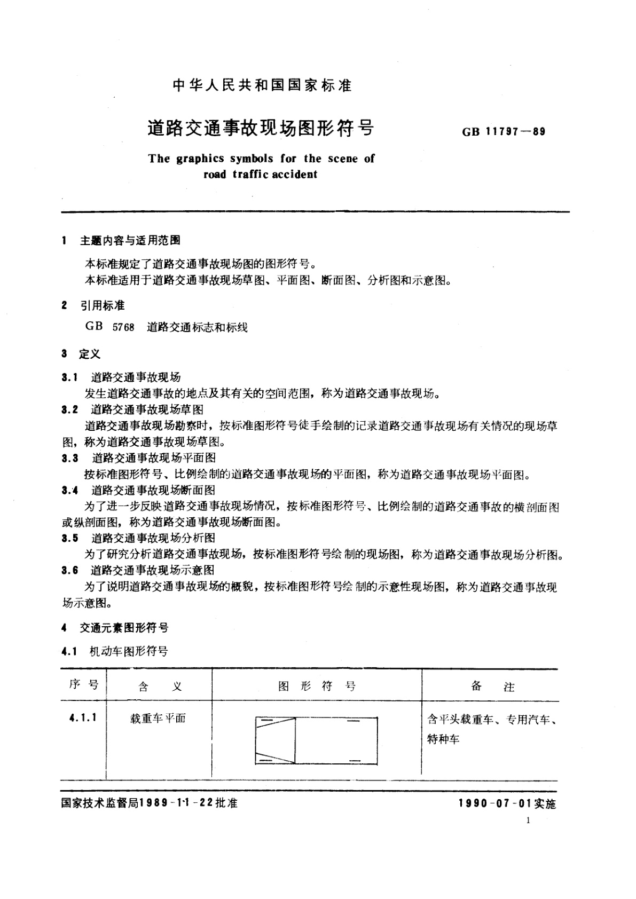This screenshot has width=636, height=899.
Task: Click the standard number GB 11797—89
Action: click(x=504, y=131)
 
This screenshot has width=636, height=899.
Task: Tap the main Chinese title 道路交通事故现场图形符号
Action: click(x=261, y=129)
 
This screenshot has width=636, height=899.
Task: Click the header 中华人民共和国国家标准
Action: click(x=263, y=85)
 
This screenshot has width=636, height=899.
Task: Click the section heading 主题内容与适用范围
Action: click(x=130, y=241)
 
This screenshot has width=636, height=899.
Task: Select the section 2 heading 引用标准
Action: click(x=103, y=305)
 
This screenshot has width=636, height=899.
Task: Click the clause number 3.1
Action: click(x=69, y=377)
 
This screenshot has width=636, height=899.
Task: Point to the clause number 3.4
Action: click(x=69, y=490)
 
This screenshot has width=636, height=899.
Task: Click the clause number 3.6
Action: click(x=69, y=570)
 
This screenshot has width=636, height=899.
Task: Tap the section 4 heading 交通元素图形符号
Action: click(x=124, y=628)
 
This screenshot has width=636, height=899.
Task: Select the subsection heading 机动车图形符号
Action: click(x=130, y=651)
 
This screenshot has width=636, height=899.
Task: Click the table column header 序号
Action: click(x=84, y=685)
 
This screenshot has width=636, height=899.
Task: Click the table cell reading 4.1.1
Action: click(x=83, y=717)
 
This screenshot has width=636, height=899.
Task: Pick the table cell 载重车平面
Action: click(x=158, y=718)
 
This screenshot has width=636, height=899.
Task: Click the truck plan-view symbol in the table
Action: click(x=316, y=740)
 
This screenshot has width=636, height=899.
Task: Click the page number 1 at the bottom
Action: click(x=528, y=821)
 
